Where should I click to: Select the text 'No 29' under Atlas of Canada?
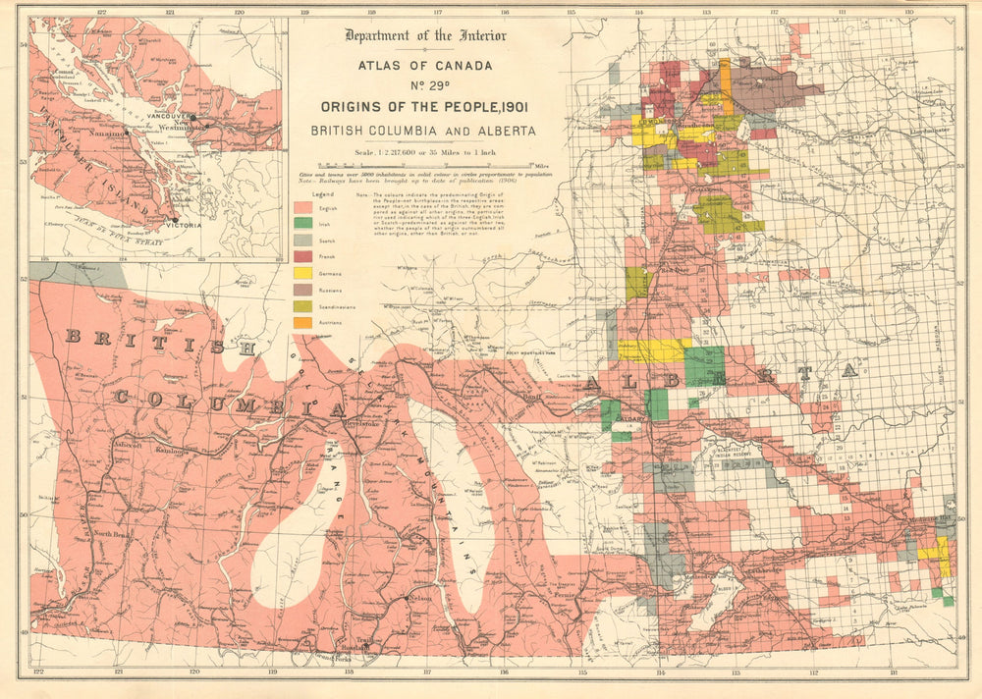[x=424, y=85]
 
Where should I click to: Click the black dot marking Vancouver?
[x=193, y=118]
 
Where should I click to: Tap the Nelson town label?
[x=420, y=598]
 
